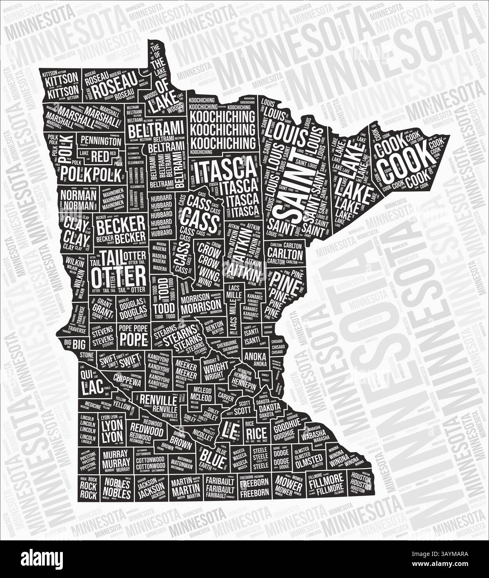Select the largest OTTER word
tap(118, 275)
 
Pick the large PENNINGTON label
tap(101, 141)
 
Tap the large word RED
tap(100, 156)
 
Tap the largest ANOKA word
tap(256, 356)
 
